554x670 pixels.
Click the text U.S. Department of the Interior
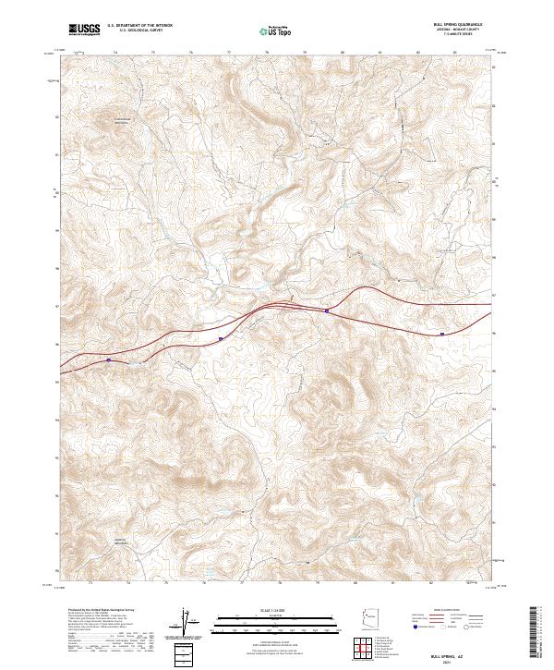point(139,26)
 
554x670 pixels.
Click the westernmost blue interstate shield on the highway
point(109,360)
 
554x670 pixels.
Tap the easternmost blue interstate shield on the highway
point(441,334)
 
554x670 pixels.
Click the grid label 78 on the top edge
point(267,53)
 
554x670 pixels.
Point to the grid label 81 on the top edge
point(380,53)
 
